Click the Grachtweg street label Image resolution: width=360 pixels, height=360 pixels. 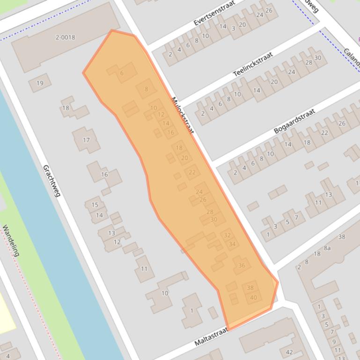point(51,180)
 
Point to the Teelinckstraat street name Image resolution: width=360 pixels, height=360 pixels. point(253,65)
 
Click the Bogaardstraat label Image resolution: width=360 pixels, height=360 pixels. point(294,121)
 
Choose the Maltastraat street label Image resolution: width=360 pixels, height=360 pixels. point(211,337)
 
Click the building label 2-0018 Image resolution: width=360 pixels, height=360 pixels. point(65,37)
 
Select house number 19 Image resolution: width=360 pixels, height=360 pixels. point(40,83)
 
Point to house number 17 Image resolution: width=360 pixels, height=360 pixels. point(86,140)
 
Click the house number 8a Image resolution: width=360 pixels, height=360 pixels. point(327,248)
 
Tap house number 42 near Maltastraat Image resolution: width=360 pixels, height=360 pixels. point(289,353)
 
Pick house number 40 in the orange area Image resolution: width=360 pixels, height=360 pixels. point(253,297)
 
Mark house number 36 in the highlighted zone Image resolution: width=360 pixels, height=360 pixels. point(242,265)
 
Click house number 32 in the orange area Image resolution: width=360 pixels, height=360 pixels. point(227,235)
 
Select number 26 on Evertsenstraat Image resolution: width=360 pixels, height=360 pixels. point(269,10)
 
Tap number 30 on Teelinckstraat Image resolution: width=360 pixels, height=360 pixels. point(318,58)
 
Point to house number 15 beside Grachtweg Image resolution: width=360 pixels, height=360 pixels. point(95,205)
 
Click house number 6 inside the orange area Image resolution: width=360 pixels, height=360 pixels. point(122,73)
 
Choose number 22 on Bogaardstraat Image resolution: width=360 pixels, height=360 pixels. point(324,133)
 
